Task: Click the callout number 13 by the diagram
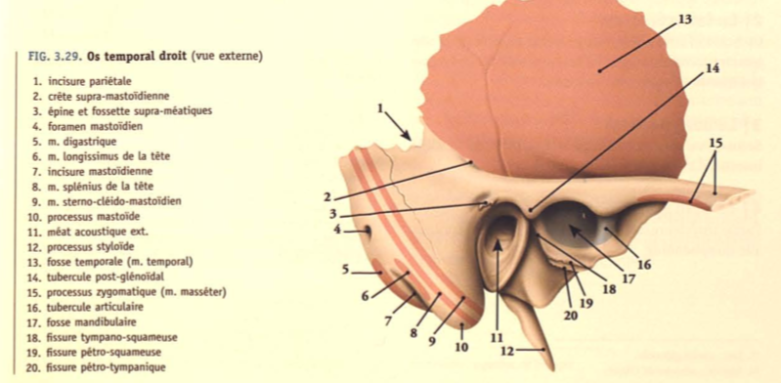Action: point(683,19)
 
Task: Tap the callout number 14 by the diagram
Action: point(711,67)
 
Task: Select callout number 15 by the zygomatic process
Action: point(717,143)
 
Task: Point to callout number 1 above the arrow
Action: point(380,107)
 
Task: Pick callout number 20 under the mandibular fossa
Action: point(571,315)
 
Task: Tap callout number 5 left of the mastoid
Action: point(346,269)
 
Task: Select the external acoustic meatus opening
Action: point(500,241)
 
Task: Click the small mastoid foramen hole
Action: point(369,232)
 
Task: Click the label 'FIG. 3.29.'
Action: point(53,58)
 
